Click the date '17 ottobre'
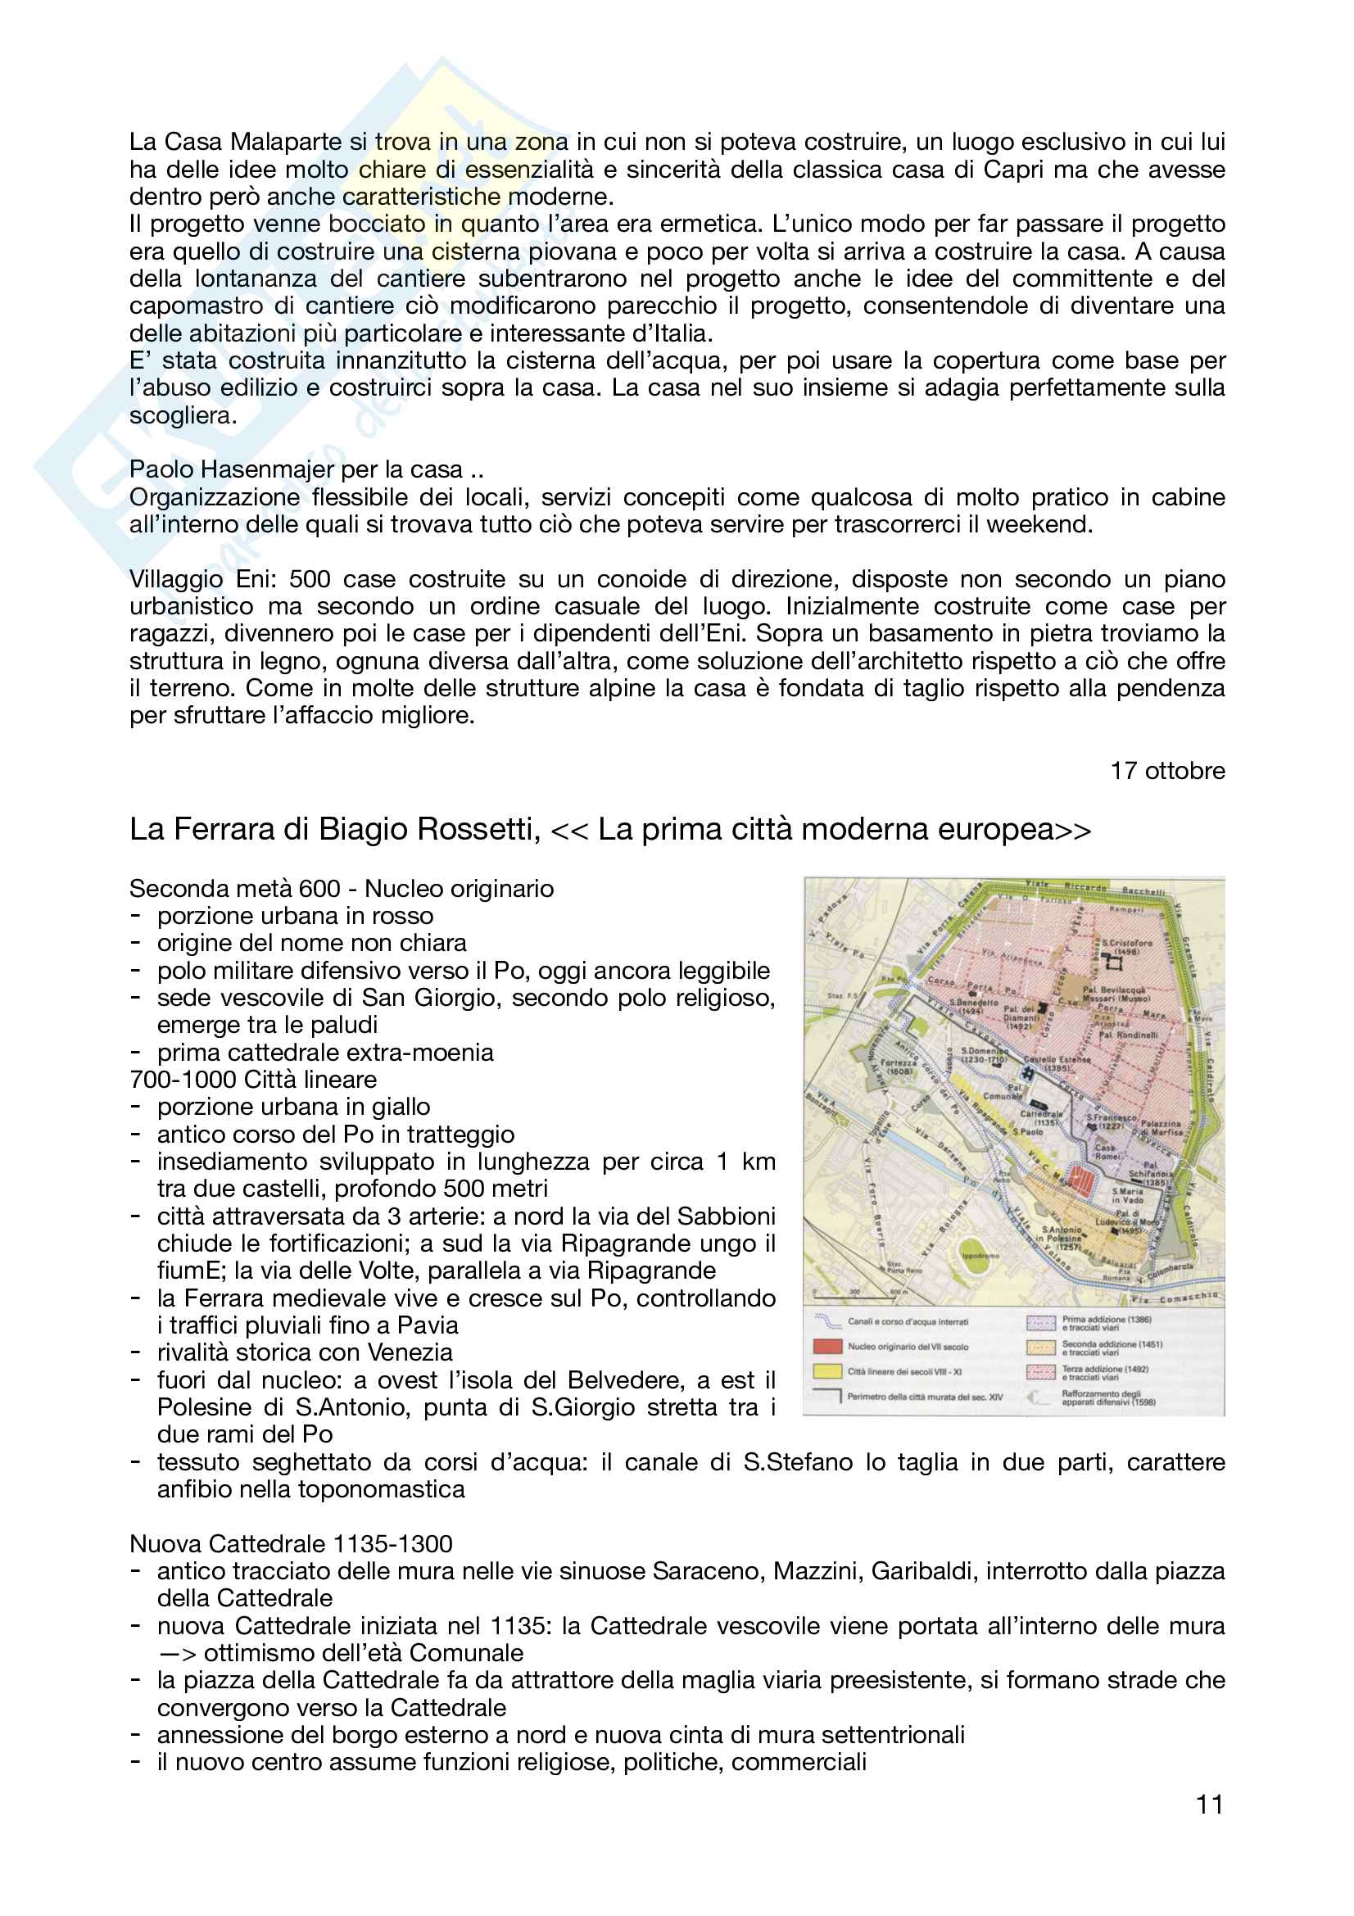[x=1166, y=770]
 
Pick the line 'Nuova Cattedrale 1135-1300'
[x=291, y=1544]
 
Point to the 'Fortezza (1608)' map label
[x=899, y=1067]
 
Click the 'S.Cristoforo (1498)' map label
[x=1127, y=946]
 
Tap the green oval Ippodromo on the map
[x=980, y=1255]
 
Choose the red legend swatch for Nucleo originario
[x=826, y=1346]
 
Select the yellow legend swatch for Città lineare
[x=826, y=1371]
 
